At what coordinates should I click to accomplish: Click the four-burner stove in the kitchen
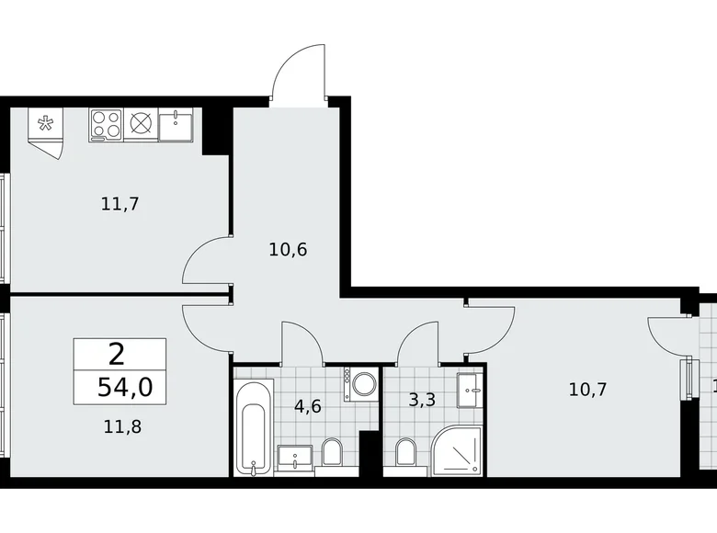click(x=106, y=124)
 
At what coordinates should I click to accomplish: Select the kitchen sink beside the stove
click(x=176, y=124)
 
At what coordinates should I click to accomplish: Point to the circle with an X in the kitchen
click(x=141, y=124)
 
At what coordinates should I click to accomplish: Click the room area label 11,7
click(x=119, y=204)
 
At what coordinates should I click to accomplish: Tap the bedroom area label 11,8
click(x=119, y=425)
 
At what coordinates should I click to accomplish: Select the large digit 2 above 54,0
click(x=117, y=353)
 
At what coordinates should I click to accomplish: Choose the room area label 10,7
click(x=588, y=389)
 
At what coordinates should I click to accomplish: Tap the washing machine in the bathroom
click(x=360, y=384)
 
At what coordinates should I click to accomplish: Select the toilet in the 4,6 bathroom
click(x=332, y=452)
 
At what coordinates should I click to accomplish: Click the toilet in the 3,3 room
click(x=404, y=453)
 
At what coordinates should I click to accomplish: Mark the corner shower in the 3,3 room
click(x=456, y=450)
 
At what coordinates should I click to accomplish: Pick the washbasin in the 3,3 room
click(x=470, y=391)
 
